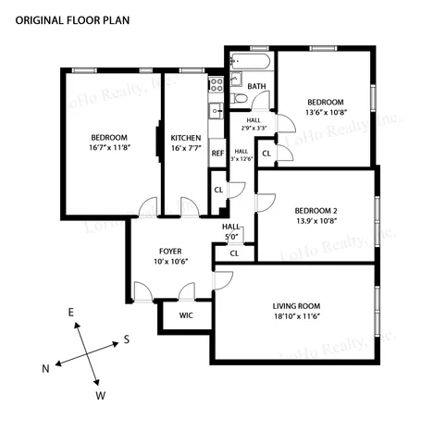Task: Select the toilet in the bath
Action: [x=239, y=99]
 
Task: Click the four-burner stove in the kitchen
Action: [x=216, y=86]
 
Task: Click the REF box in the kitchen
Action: [x=217, y=154]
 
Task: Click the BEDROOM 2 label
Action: [x=316, y=209]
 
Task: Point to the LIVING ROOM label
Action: [x=297, y=305]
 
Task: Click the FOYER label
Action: [x=170, y=251]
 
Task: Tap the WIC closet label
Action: [x=186, y=314]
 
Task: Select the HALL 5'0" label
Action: [x=231, y=229]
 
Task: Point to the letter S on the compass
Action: [x=126, y=339]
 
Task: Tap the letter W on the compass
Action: [x=101, y=396]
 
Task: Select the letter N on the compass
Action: [x=44, y=369]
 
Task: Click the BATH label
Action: [x=256, y=87]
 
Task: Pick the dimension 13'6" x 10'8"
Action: [x=326, y=113]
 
